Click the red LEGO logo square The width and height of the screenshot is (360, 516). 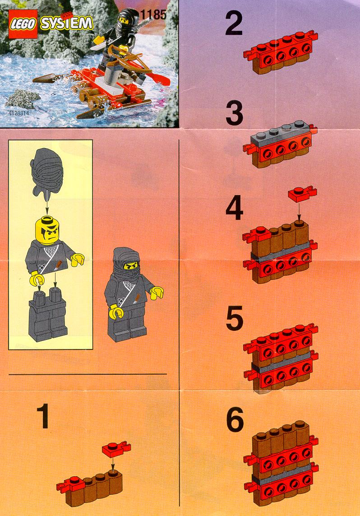pos(23,23)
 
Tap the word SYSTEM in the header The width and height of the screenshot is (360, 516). pos(66,23)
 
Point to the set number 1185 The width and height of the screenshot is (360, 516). pos(153,15)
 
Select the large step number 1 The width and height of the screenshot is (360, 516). pos(43,417)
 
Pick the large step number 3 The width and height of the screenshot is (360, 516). pos(235,113)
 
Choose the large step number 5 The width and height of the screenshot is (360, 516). pos(235,318)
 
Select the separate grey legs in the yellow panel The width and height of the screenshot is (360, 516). pos(48,314)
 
